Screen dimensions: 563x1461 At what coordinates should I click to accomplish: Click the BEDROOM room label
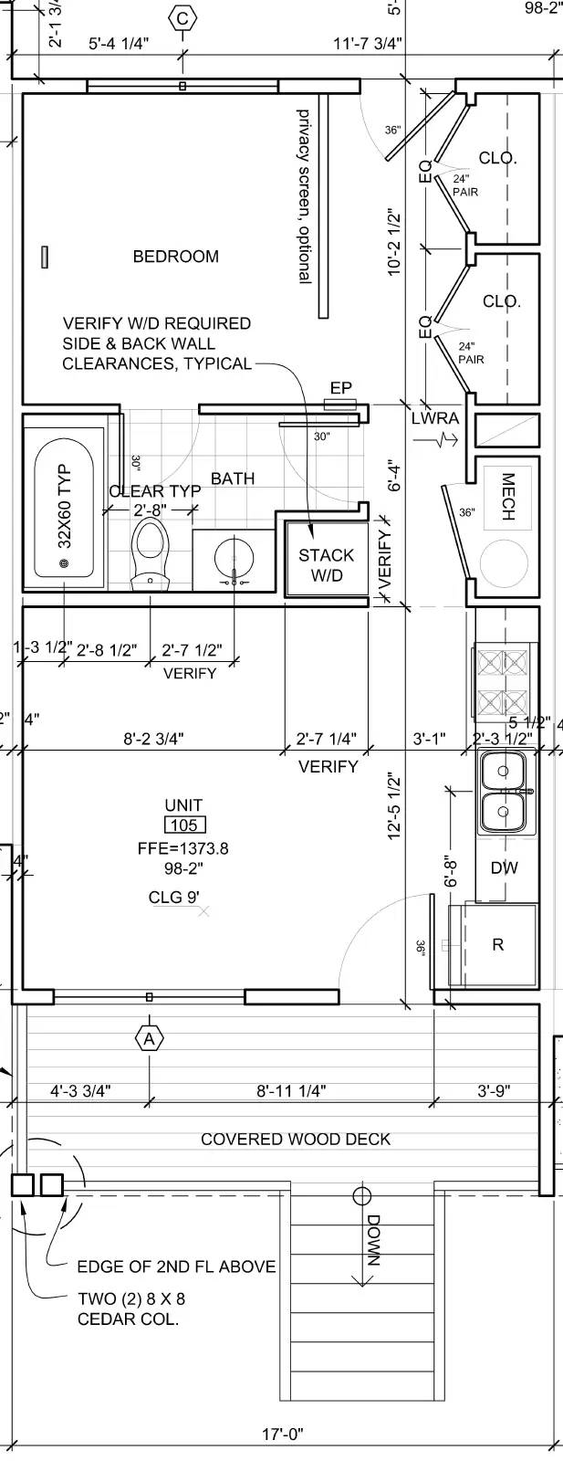coord(176,257)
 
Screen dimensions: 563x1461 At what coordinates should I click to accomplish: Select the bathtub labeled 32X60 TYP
coord(64,509)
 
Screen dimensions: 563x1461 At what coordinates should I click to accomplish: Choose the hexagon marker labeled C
coord(182,18)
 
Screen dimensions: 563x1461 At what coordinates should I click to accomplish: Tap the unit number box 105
coord(183,825)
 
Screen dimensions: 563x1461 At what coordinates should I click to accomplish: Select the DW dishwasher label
coord(505,867)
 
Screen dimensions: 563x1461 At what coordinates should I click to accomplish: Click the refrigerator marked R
coord(494,944)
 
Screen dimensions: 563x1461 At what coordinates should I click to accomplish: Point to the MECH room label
coord(508,497)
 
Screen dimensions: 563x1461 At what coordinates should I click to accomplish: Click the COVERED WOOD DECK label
coord(296,1139)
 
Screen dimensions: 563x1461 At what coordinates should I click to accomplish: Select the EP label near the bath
coord(340,388)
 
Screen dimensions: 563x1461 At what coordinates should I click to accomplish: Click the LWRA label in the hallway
coord(435,418)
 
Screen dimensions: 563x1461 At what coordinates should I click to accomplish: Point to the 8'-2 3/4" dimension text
coord(154,739)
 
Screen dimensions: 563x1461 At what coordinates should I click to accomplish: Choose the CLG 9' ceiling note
coord(174,897)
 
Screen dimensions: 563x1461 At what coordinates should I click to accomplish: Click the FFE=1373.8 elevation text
coord(183,848)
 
